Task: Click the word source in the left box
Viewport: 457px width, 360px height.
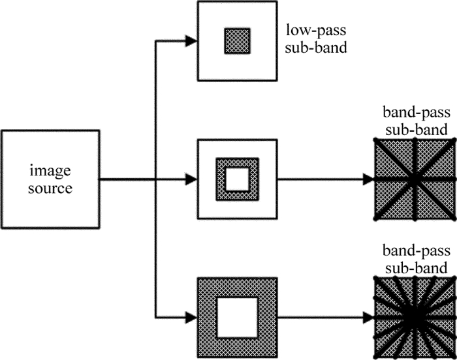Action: pos(50,188)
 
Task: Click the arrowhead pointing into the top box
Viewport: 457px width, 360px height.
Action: pos(190,41)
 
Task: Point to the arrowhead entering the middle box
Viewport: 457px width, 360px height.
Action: pos(190,178)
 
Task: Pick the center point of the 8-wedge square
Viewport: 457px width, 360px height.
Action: pos(414,178)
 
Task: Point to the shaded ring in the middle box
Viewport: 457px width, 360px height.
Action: pos(221,178)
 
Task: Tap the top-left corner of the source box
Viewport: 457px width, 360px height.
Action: pos(2,131)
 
